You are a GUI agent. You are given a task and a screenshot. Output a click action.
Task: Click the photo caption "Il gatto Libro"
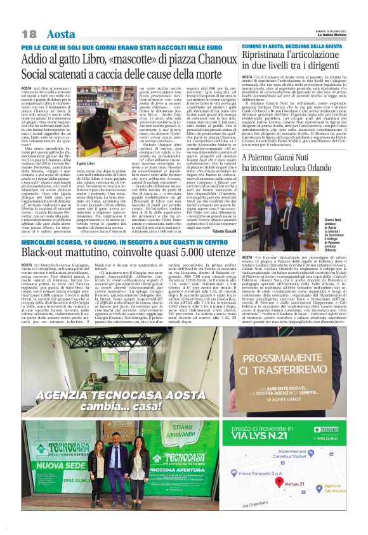pyautogui.click(x=86, y=164)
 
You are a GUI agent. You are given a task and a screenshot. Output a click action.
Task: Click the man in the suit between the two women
pyautogui.click(x=117, y=467)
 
